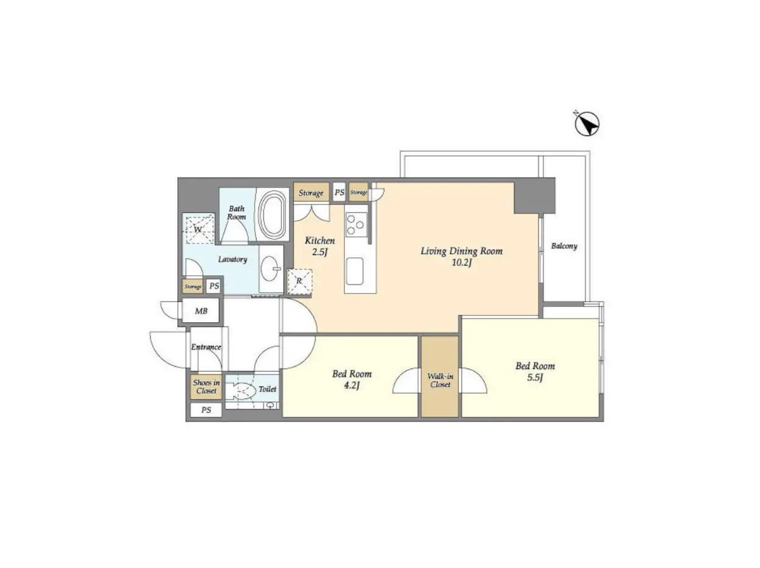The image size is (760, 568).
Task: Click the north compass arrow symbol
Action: click(587, 124)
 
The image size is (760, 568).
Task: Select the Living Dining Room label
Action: click(461, 251)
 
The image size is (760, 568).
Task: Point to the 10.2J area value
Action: click(461, 263)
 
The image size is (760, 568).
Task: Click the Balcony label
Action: click(564, 246)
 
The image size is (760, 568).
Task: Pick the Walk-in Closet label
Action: click(440, 380)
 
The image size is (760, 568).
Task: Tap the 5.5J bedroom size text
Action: click(535, 378)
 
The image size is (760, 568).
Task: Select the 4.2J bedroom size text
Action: click(352, 386)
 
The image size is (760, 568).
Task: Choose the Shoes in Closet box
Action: click(206, 386)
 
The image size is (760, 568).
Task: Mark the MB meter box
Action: click(201, 311)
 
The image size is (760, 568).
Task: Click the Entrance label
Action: click(206, 347)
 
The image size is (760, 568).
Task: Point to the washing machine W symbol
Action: click(199, 229)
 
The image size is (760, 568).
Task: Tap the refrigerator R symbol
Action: click(300, 281)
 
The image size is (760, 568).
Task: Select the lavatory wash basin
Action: click(271, 268)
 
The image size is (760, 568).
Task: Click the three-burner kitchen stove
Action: click(356, 225)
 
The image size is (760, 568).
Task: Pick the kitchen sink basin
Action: click(354, 271)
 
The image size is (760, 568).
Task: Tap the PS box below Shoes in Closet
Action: click(206, 411)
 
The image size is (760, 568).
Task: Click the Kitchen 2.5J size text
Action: click(319, 252)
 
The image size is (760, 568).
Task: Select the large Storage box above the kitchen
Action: click(311, 192)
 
